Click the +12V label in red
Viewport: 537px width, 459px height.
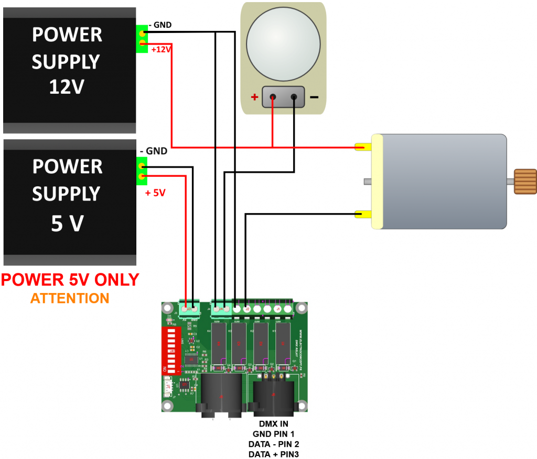(x=162, y=50)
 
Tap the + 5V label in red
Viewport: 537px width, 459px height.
(x=155, y=193)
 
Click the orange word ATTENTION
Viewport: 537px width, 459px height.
(x=70, y=298)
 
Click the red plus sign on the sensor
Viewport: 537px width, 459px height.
(x=254, y=97)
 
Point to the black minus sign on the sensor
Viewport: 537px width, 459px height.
(x=314, y=97)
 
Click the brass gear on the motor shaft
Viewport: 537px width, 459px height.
(x=525, y=182)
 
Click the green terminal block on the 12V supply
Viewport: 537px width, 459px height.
(x=142, y=39)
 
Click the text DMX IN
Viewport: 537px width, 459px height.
(x=273, y=423)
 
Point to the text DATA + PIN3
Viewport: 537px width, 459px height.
(x=273, y=454)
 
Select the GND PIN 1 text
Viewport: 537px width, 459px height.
(x=273, y=433)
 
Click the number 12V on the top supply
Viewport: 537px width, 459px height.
(x=67, y=87)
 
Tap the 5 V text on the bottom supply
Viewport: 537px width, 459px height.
(x=67, y=223)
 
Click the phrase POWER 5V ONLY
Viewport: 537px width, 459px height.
(x=70, y=279)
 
